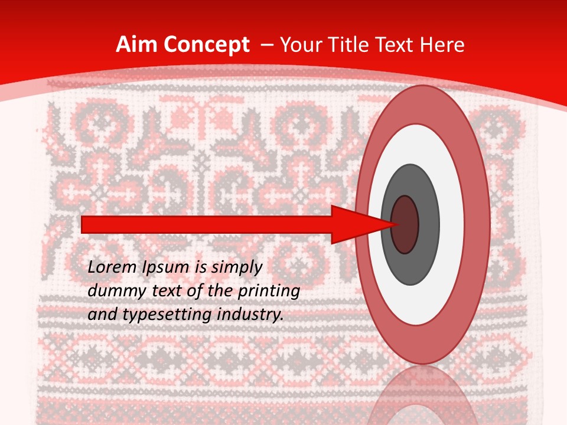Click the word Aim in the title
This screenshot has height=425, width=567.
(x=136, y=45)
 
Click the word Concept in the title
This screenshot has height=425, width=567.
(x=206, y=45)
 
